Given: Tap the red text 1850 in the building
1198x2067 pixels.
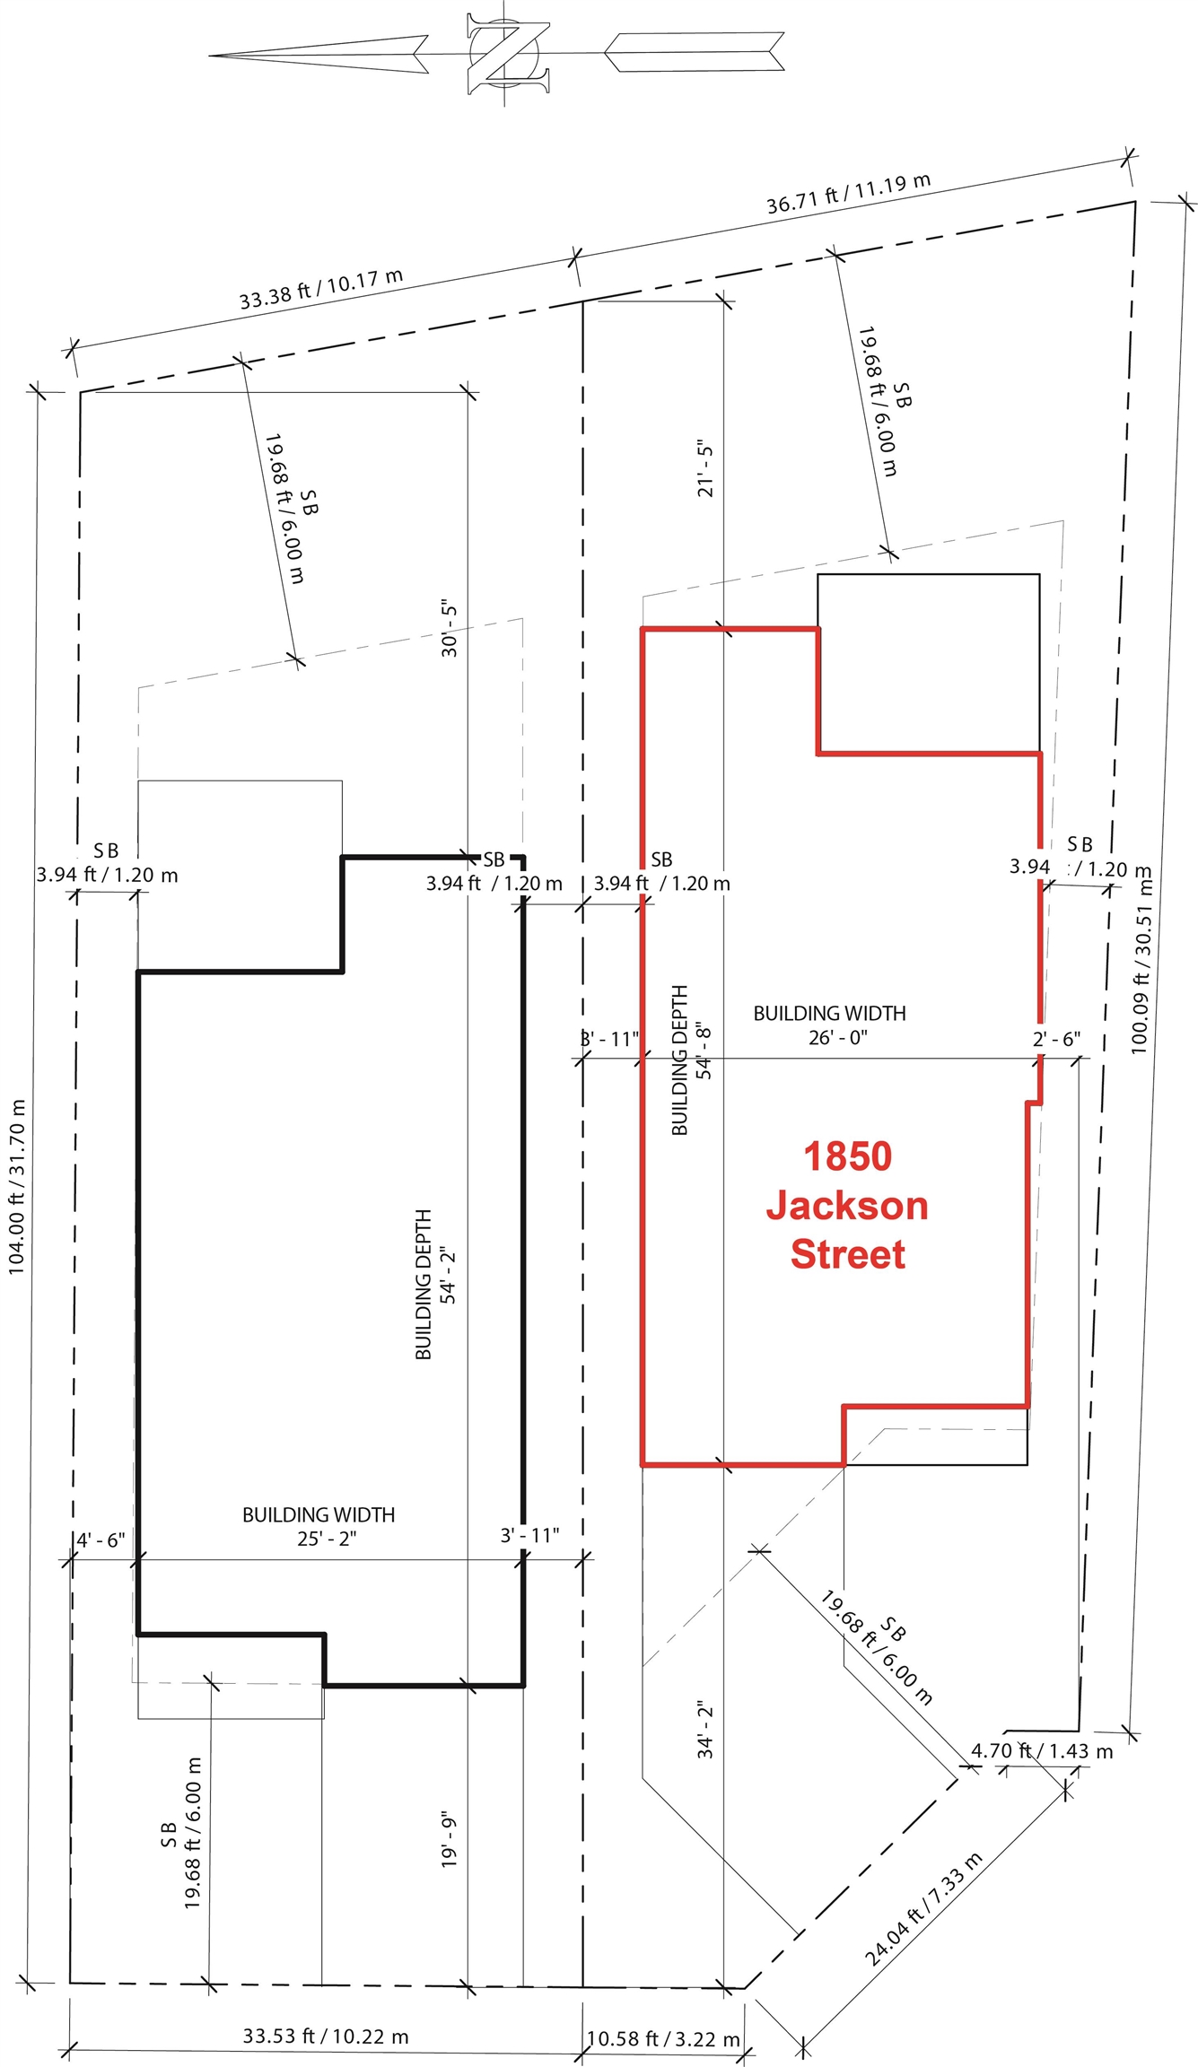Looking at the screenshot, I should coord(847,1156).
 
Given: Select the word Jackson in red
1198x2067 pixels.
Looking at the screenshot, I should coord(847,1205).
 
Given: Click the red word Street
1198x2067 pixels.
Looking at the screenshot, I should coord(847,1253).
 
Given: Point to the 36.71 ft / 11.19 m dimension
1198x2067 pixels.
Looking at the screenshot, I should coord(848,193).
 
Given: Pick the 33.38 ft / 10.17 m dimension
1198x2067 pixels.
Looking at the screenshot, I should coord(320,289).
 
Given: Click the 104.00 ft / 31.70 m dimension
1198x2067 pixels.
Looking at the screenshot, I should coord(17,1186).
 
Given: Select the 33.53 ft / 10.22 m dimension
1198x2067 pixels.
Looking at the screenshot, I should coord(326,2036).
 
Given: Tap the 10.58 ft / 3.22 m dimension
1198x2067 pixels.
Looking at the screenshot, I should coord(663,2038).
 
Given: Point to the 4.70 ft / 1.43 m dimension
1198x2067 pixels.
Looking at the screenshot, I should coord(1042,1750).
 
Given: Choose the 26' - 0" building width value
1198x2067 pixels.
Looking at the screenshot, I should coord(837,1038).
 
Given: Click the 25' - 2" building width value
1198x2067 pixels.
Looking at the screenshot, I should coord(327,1539).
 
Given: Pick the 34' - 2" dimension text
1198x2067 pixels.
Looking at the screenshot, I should coord(705,1729).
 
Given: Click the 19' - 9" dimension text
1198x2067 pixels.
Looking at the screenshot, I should coord(450,1841).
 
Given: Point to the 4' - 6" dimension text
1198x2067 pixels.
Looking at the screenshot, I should coord(101,1540).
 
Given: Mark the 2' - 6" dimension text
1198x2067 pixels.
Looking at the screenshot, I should coord(1056,1039).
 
